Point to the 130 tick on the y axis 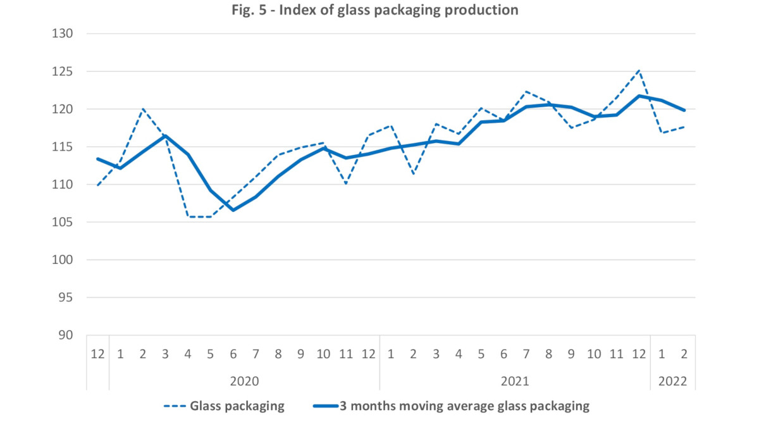tap(65, 34)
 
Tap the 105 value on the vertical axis tap(65, 222)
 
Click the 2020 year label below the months tap(244, 382)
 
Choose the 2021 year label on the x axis tap(515, 382)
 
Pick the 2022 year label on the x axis tap(673, 382)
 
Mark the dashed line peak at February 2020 tap(143, 109)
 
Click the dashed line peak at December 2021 tap(639, 70)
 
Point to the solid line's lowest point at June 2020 tap(233, 210)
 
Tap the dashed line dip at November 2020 tap(346, 184)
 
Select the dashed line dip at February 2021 tap(414, 174)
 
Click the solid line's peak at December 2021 tap(639, 96)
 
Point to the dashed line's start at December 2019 tap(97, 185)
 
